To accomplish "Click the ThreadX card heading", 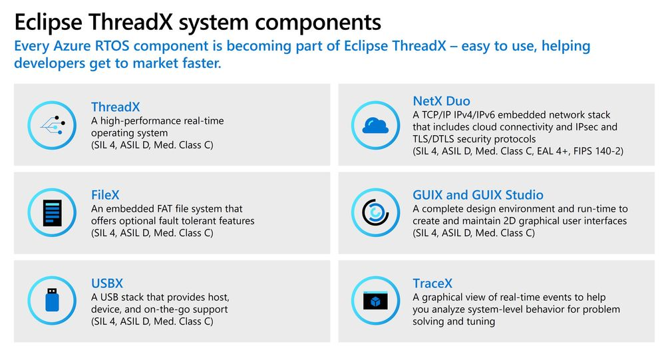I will (x=115, y=107).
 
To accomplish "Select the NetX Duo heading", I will (x=441, y=101).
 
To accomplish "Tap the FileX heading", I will (x=105, y=195).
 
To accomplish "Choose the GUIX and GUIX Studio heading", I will (x=478, y=195).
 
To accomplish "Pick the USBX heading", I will (x=107, y=283).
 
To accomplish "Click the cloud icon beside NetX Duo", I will (x=375, y=124).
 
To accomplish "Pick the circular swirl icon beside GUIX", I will (x=375, y=213).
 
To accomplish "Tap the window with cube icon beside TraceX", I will (x=375, y=301).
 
